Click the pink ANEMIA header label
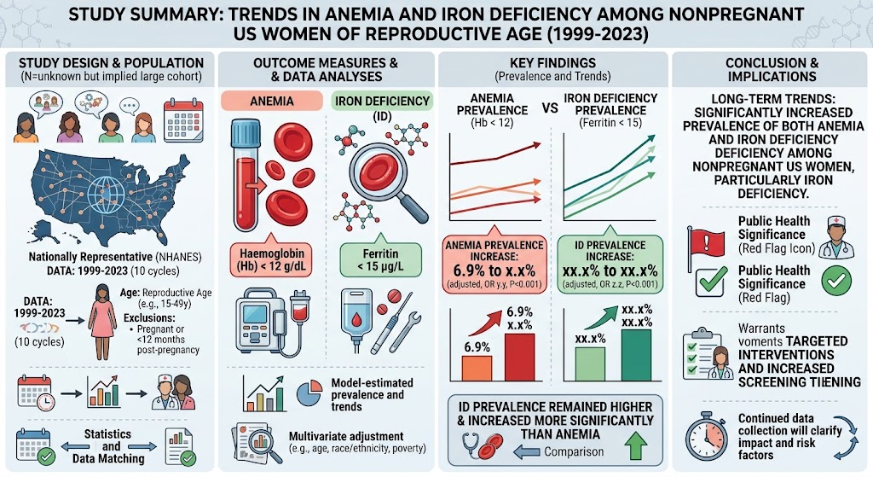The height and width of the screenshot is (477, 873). pos(272,101)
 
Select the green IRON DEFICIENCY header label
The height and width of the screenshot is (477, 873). pos(382,101)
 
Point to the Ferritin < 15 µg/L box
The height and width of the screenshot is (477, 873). pos(381,260)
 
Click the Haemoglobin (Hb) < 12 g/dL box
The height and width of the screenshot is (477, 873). pos(271,260)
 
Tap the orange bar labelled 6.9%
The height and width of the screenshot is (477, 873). pos(477,369)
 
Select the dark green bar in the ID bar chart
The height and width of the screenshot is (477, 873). pos(636,356)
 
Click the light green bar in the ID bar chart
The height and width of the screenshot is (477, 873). pos(590,364)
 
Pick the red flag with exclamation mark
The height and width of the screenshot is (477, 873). pos(705,244)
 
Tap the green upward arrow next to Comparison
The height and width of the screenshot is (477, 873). pos(636,445)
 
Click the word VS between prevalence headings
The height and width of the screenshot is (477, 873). pos(550,108)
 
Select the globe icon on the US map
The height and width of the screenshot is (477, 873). pos(106,193)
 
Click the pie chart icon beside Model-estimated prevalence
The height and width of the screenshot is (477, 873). pos(309,393)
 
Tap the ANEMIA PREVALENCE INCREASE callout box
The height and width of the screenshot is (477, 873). pos(494,263)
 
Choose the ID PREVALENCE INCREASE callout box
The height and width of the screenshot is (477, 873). pos(610,263)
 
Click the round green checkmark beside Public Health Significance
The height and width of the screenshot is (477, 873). pos(836,280)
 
